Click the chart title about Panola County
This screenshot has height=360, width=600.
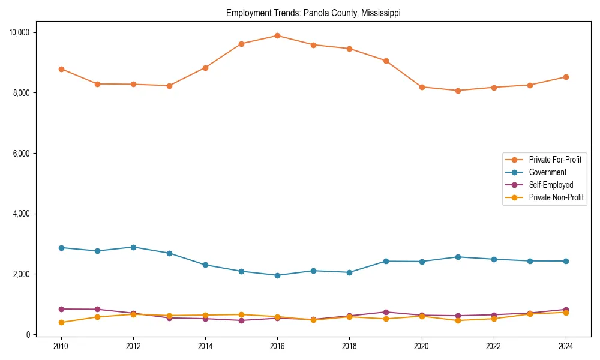point(313,13)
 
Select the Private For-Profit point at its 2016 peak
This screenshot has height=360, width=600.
point(277,35)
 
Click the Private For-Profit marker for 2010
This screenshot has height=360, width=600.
point(61,69)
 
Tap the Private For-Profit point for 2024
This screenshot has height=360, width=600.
point(566,77)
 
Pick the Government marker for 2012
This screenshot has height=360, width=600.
point(133,247)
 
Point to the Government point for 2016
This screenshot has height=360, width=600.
point(277,275)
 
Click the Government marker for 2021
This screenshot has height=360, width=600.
point(458,257)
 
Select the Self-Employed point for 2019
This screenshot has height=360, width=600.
point(386,312)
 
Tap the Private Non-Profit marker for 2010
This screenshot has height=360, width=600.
point(61,322)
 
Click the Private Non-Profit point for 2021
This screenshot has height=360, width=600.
point(458,320)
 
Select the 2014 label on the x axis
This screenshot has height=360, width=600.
point(205,346)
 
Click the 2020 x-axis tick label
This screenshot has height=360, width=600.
point(421,346)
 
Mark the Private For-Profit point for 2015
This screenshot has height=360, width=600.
point(241,44)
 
